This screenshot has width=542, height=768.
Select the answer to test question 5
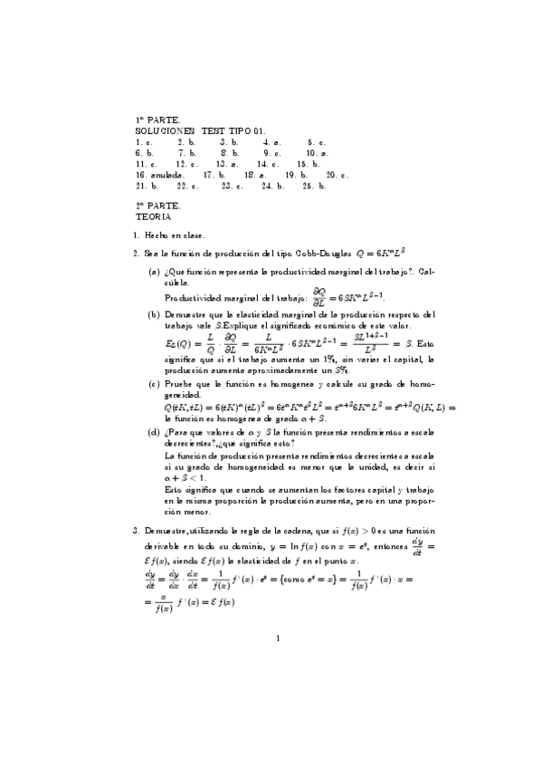(x=317, y=142)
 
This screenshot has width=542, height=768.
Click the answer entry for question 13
(x=227, y=164)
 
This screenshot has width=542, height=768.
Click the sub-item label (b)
(x=154, y=314)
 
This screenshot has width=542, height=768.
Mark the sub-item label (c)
(x=154, y=383)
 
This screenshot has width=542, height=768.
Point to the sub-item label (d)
(x=154, y=433)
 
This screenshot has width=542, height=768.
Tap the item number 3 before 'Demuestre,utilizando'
(x=135, y=529)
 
